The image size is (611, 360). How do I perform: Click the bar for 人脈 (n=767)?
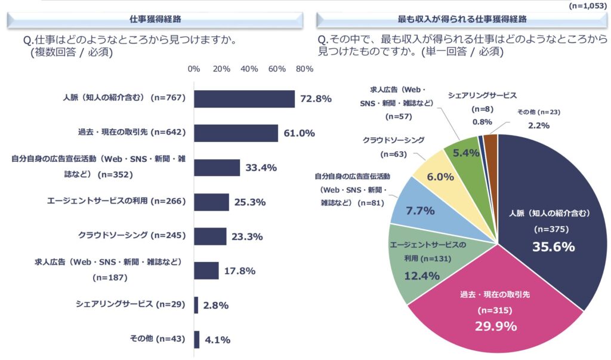pyautogui.click(x=245, y=99)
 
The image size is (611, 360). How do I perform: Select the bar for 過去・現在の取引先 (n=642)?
pyautogui.click(x=236, y=133)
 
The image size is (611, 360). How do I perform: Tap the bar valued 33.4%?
pyautogui.click(x=217, y=168)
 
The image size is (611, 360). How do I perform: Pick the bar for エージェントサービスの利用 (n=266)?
pyautogui.click(x=212, y=202)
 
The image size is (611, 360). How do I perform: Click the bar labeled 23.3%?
pyautogui.click(x=211, y=236)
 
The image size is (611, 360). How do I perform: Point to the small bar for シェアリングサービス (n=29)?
pyautogui.click(x=196, y=305)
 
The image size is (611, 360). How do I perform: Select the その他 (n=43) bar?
pyautogui.click(x=197, y=340)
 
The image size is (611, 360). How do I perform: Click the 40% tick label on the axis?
pyautogui.click(x=249, y=69)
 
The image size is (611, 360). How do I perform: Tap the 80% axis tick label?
pyautogui.click(x=304, y=69)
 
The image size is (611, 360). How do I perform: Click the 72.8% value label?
pyautogui.click(x=316, y=99)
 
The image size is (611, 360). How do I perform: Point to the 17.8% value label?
pyautogui.click(x=240, y=271)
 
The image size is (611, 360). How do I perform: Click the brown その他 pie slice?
pyautogui.click(x=490, y=144)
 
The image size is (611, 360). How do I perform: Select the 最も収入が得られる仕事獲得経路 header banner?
pyautogui.click(x=462, y=19)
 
